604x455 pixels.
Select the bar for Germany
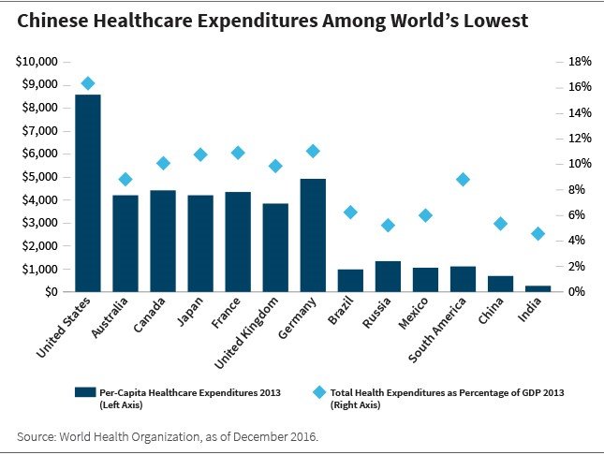[313, 235]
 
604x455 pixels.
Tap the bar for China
[500, 284]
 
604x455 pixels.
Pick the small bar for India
[538, 288]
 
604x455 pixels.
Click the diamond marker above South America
[463, 180]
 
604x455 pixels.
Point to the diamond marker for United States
[88, 83]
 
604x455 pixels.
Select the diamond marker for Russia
[388, 225]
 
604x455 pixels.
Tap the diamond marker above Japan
[200, 154]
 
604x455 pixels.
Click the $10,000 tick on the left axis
[38, 62]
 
